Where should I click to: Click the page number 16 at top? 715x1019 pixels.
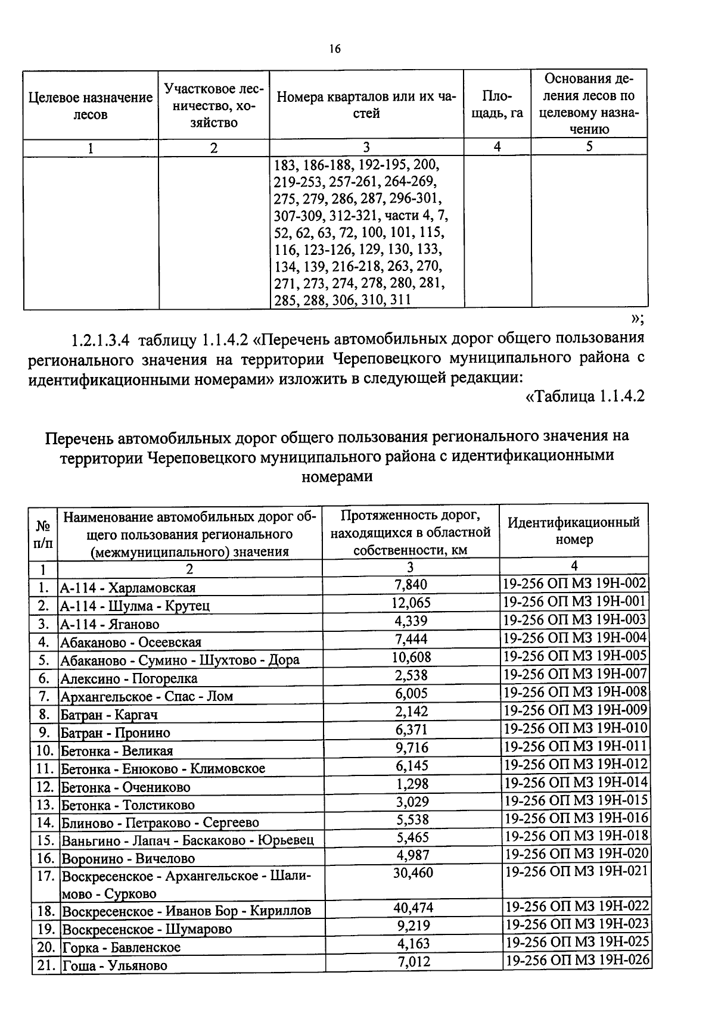[x=334, y=49]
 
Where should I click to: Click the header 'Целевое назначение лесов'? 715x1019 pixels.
[x=91, y=105]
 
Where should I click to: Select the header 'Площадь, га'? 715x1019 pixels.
[x=497, y=105]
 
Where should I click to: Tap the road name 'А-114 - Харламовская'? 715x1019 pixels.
[x=128, y=588]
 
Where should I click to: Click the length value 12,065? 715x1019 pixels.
[x=411, y=603]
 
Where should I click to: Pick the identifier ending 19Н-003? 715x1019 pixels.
[x=574, y=620]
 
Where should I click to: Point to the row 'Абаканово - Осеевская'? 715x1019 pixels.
[x=131, y=642]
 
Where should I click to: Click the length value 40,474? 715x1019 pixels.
[x=413, y=908]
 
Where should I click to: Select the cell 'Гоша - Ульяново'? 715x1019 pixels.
[x=115, y=965]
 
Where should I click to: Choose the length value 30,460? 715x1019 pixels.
[x=413, y=873]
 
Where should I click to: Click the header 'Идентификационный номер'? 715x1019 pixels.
[x=574, y=531]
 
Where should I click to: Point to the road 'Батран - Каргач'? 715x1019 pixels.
[x=109, y=715]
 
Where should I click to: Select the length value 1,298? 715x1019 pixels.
[x=412, y=784]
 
